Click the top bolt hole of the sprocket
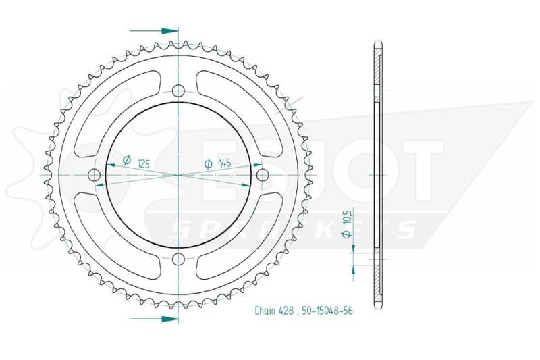pos(178,91)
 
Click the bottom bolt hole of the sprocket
pos(178,259)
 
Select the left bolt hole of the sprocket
pos(94,175)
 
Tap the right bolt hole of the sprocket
pos(262,174)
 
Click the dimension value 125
pos(144,163)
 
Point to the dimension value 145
pos(225,163)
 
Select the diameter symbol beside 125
pos(127,160)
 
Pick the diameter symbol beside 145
pos(208,164)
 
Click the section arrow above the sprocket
pos(154,31)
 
